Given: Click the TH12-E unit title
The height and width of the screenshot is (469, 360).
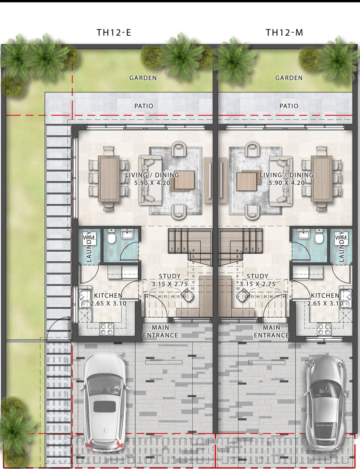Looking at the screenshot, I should [x=114, y=32].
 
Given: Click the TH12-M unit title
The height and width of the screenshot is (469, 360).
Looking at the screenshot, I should [x=284, y=32].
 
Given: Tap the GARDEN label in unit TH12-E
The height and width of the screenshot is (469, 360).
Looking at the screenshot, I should [x=143, y=78].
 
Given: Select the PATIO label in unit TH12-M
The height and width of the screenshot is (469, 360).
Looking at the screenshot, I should [x=289, y=106].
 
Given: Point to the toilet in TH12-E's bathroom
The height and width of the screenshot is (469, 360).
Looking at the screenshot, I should [x=111, y=237].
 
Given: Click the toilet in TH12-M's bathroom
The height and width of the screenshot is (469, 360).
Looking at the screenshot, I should [x=319, y=237].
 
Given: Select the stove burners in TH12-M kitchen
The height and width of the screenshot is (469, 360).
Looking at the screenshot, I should [x=324, y=329].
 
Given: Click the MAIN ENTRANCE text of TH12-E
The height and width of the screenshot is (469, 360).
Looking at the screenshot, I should [x=160, y=332].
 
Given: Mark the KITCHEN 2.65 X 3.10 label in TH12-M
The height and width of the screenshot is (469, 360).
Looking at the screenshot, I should [x=325, y=299].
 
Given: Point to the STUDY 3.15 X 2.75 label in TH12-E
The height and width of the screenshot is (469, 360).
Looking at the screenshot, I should [x=170, y=280].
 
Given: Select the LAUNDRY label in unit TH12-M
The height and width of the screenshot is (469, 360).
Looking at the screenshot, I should [x=341, y=247].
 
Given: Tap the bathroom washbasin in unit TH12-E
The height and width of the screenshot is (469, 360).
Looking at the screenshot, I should [x=128, y=233].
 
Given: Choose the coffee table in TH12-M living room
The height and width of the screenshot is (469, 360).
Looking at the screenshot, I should [x=247, y=181].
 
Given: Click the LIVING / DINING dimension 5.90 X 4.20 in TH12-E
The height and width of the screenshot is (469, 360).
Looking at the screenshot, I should [x=152, y=183].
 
